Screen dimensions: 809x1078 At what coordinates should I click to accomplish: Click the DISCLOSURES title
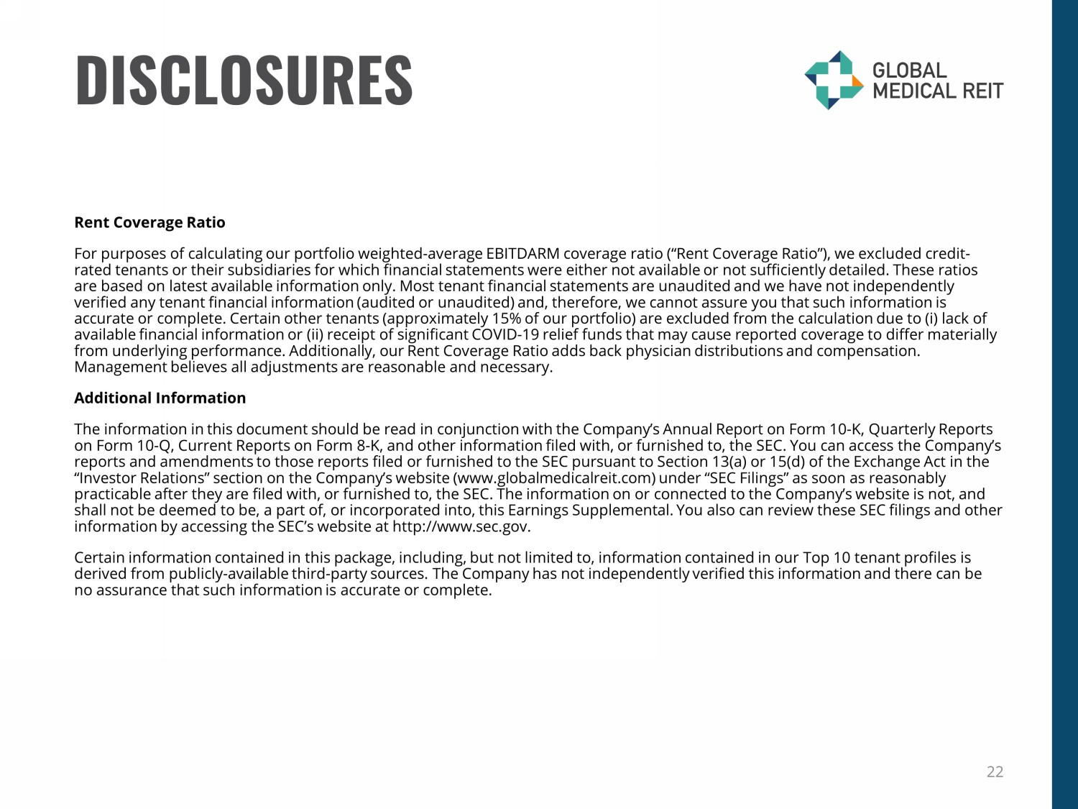tap(244, 80)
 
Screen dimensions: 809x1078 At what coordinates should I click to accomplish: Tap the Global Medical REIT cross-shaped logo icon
tap(833, 80)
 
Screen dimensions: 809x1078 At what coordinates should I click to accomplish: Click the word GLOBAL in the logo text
tap(909, 70)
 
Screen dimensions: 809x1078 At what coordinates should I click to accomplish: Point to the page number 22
tap(995, 772)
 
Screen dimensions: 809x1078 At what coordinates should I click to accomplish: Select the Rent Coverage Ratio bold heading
tap(149, 222)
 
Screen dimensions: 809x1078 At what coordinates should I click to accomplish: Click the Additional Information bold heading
tap(160, 398)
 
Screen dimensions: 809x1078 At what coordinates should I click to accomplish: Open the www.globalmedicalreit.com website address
tap(553, 478)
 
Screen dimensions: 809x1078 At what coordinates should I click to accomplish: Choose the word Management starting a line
tap(120, 367)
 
